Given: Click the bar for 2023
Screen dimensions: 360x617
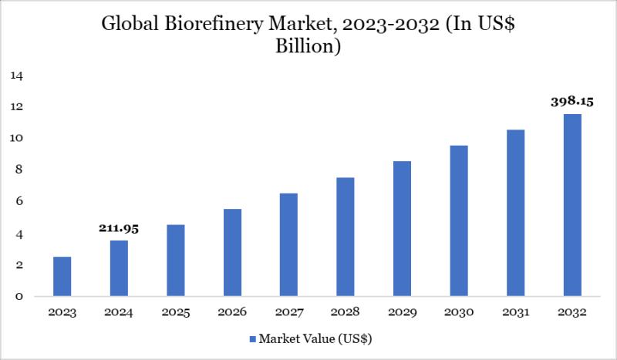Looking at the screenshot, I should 62,277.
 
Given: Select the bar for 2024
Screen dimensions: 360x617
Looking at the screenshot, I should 119,268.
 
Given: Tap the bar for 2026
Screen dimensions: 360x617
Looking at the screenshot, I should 232,253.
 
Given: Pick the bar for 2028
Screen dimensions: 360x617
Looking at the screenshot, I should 346,237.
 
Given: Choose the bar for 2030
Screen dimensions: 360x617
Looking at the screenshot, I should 459,221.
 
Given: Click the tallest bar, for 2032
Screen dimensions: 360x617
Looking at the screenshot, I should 571,205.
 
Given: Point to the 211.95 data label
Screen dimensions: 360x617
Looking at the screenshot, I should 119,228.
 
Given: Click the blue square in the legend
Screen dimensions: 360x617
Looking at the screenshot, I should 253,338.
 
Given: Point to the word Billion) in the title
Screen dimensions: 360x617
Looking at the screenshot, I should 308,46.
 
